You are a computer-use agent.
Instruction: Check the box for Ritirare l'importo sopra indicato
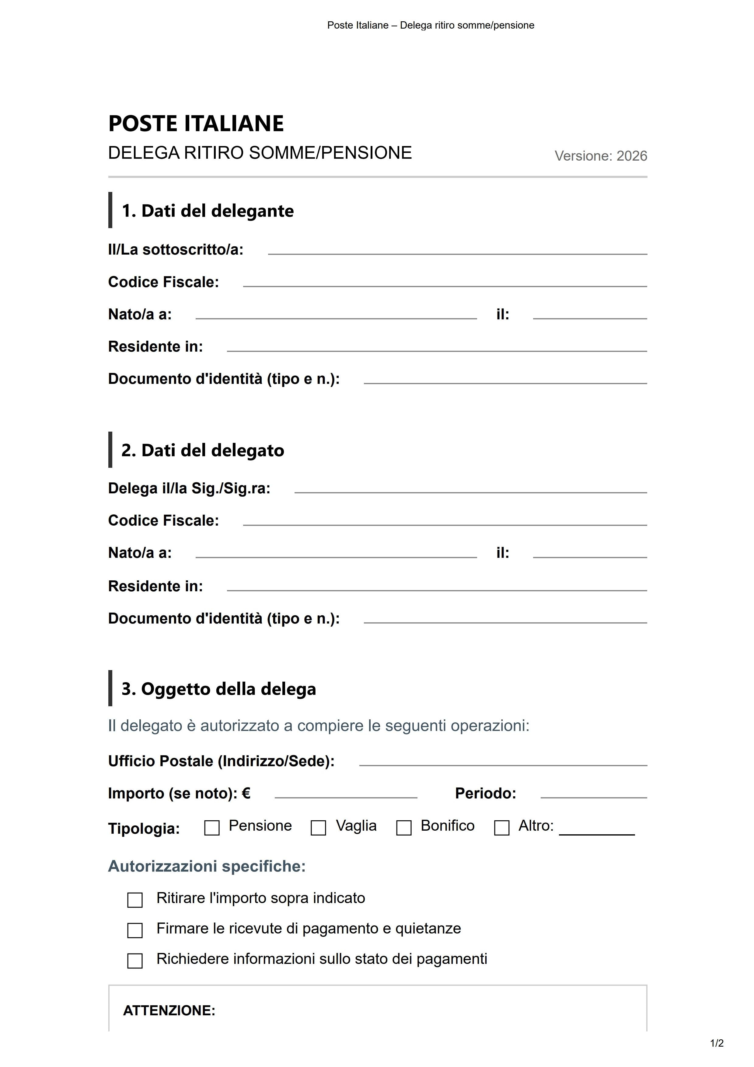click(x=135, y=900)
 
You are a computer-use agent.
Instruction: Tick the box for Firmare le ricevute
click(x=135, y=930)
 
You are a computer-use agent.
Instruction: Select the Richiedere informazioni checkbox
click(x=135, y=961)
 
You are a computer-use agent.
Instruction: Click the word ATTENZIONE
click(x=169, y=1011)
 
